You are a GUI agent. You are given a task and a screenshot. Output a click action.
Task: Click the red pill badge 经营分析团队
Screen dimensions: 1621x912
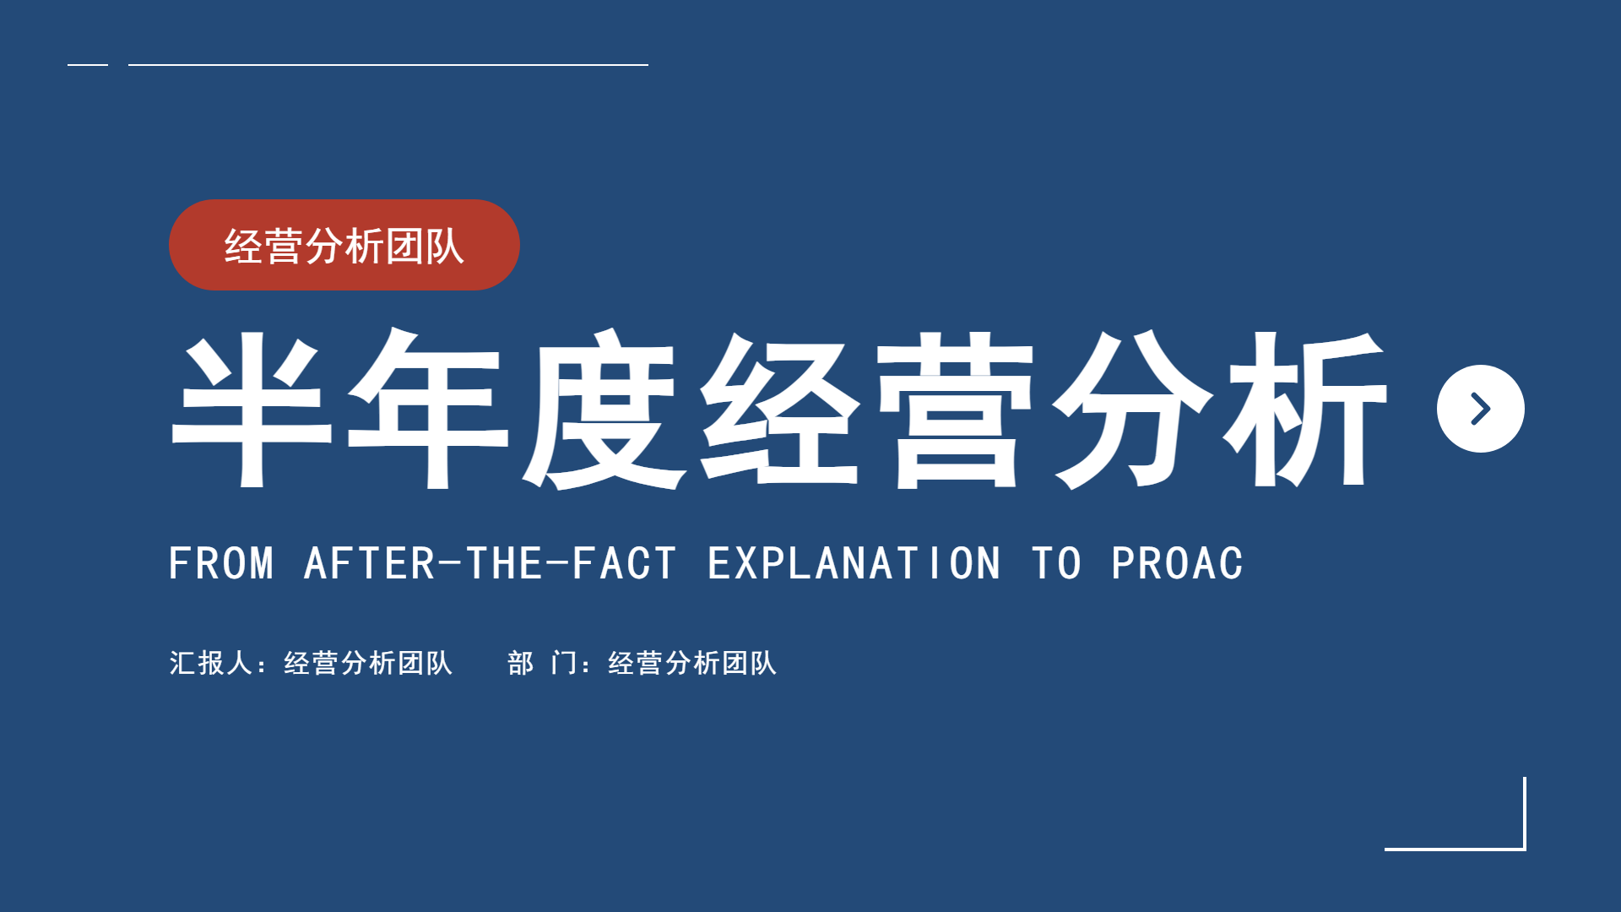[x=344, y=245]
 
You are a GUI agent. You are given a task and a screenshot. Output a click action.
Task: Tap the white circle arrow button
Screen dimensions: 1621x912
[x=1481, y=409]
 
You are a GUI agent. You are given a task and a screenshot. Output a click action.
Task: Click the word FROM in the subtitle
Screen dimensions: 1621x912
[x=221, y=563]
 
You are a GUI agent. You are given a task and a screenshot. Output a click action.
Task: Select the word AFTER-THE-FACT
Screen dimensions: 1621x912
[x=490, y=563]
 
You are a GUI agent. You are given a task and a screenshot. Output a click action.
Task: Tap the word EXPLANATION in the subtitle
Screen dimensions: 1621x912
[x=854, y=563]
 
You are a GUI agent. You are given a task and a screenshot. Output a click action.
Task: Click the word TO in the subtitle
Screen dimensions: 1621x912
[x=1056, y=563]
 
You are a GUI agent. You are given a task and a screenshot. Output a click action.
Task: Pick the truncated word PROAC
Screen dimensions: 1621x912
[x=1177, y=563]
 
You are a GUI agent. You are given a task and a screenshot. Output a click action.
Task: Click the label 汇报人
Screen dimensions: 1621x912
[x=211, y=663]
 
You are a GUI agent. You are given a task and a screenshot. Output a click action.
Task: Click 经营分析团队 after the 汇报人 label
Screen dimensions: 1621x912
[x=368, y=663]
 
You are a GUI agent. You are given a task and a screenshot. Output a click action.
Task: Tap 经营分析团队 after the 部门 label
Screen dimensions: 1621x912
[x=692, y=663]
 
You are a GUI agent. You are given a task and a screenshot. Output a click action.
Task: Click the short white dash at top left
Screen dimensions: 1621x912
[x=88, y=64]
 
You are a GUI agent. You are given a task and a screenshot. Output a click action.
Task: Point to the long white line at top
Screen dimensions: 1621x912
[x=388, y=64]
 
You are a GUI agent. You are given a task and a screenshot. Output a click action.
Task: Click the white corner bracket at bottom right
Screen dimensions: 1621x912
[x=1525, y=849]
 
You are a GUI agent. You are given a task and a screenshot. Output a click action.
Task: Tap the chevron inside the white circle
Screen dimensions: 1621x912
[x=1481, y=409]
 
